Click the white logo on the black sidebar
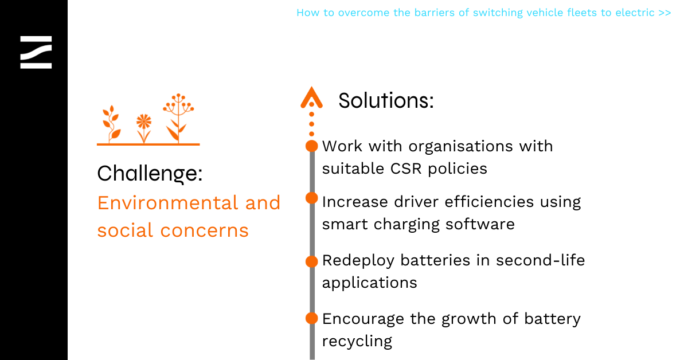click(36, 52)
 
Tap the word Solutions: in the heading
click(386, 100)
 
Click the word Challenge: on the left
click(150, 174)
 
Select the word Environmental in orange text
click(167, 203)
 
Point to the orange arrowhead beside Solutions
click(311, 97)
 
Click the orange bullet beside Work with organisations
click(311, 146)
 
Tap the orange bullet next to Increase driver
click(311, 198)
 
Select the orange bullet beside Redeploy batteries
click(311, 261)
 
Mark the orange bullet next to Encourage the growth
click(311, 318)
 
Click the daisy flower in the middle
click(144, 128)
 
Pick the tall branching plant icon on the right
click(178, 118)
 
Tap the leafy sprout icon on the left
click(111, 124)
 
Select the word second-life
click(540, 260)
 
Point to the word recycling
click(357, 341)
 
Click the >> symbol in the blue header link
click(664, 13)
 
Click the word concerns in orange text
click(204, 231)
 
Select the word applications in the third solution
click(369, 283)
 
